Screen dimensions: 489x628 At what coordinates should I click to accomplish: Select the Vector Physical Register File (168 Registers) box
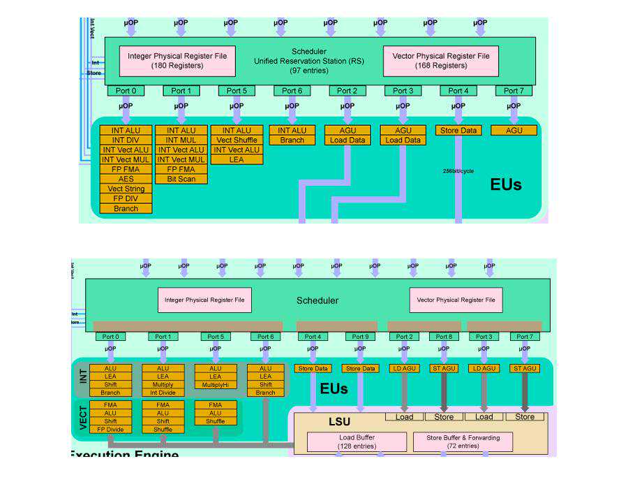441,61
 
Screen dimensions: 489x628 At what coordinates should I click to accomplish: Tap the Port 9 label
360,337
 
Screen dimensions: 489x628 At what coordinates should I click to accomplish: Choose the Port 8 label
444,337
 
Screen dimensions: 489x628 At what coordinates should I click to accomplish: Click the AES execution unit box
126,179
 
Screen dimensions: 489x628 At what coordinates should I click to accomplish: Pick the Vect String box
126,189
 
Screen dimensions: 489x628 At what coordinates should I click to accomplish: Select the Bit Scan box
181,179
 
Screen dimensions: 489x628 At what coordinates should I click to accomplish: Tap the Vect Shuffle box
237,140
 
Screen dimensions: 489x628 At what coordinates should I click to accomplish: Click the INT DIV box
126,140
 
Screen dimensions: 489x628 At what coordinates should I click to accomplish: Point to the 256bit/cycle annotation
458,170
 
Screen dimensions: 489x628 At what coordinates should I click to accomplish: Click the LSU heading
340,422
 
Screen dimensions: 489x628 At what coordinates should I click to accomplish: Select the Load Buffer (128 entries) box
357,442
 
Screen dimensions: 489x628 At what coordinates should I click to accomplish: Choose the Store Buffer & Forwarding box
463,442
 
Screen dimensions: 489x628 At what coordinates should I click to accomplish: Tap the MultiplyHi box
215,385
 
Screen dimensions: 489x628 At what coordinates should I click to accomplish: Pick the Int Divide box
163,393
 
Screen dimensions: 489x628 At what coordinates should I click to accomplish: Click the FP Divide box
110,429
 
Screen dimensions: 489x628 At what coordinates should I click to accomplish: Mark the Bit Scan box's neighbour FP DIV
126,198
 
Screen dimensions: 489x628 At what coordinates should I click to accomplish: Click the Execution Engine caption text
124,454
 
